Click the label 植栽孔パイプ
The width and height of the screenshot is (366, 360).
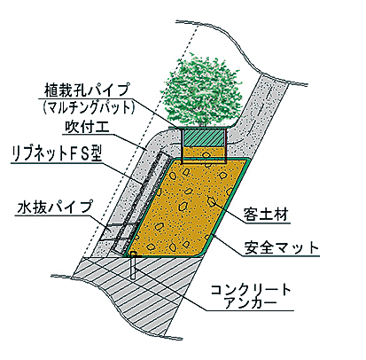tap(88, 90)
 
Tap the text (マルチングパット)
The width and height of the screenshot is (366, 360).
tap(89, 108)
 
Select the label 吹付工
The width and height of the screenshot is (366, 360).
tap(88, 127)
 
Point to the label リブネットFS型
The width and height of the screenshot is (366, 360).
tap(57, 154)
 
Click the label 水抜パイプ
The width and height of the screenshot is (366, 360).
tap(55, 207)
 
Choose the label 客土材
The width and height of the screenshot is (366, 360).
tap(266, 214)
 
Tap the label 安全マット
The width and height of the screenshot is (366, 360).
tap(282, 247)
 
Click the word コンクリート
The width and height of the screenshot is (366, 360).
tap(251, 290)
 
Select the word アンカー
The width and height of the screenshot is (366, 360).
tap(251, 303)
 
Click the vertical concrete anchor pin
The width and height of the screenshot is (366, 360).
tap(133, 266)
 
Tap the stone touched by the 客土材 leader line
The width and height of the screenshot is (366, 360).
tap(212, 201)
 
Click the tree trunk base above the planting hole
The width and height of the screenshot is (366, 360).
tap(203, 123)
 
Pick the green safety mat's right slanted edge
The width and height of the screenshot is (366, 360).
tap(228, 206)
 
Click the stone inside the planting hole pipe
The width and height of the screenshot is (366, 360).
tap(205, 155)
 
